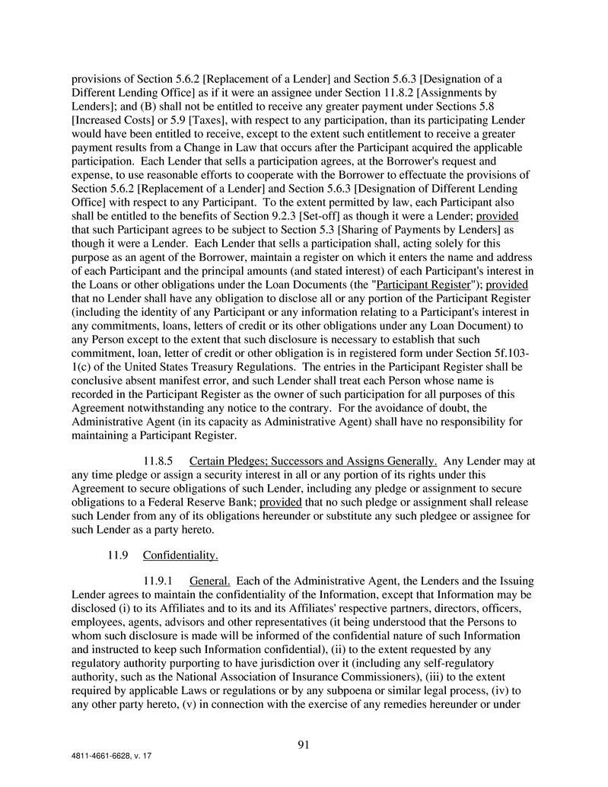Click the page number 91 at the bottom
tap(304, 745)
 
